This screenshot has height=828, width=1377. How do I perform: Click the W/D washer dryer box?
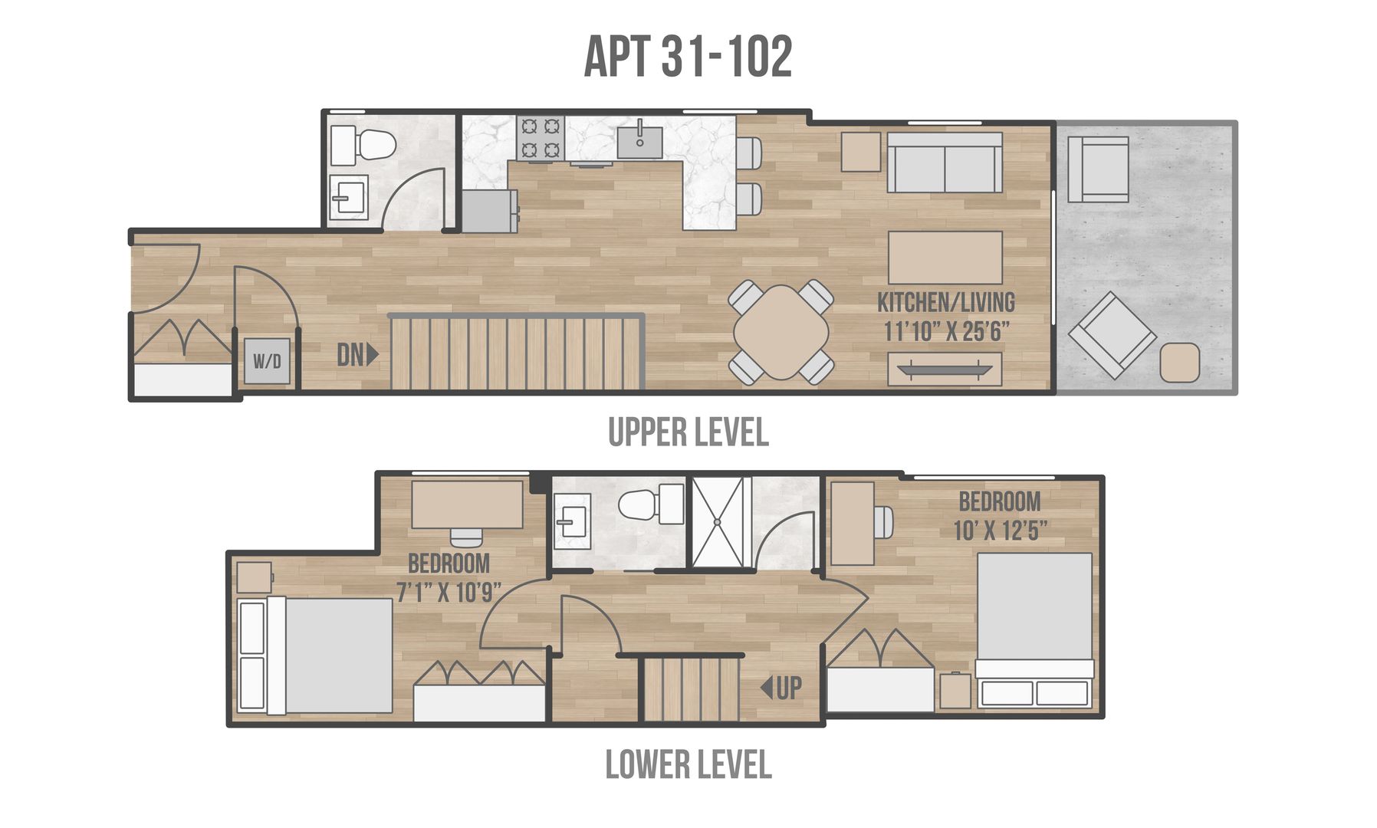pyautogui.click(x=268, y=361)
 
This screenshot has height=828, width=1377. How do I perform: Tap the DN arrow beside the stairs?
pyautogui.click(x=357, y=354)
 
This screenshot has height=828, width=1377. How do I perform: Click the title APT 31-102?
pyautogui.click(x=688, y=57)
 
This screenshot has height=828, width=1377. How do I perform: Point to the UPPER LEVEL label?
pyautogui.click(x=688, y=432)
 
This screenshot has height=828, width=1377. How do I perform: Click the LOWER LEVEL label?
pyautogui.click(x=688, y=764)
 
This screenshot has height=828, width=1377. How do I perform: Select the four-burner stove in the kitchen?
pyautogui.click(x=540, y=138)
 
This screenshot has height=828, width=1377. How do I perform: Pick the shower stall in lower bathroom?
pyautogui.click(x=718, y=522)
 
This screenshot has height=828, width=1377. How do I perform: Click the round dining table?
pyautogui.click(x=781, y=333)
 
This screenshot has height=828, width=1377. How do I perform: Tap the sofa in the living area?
pyautogui.click(x=945, y=163)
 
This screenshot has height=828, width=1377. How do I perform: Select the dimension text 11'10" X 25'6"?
pyautogui.click(x=946, y=332)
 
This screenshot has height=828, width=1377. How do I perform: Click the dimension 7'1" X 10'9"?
pyautogui.click(x=449, y=592)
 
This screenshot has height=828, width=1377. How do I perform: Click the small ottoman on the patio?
pyautogui.click(x=1179, y=363)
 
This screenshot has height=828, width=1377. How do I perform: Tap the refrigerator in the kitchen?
pyautogui.click(x=489, y=211)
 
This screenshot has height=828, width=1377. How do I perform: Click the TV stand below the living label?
pyautogui.click(x=945, y=369)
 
